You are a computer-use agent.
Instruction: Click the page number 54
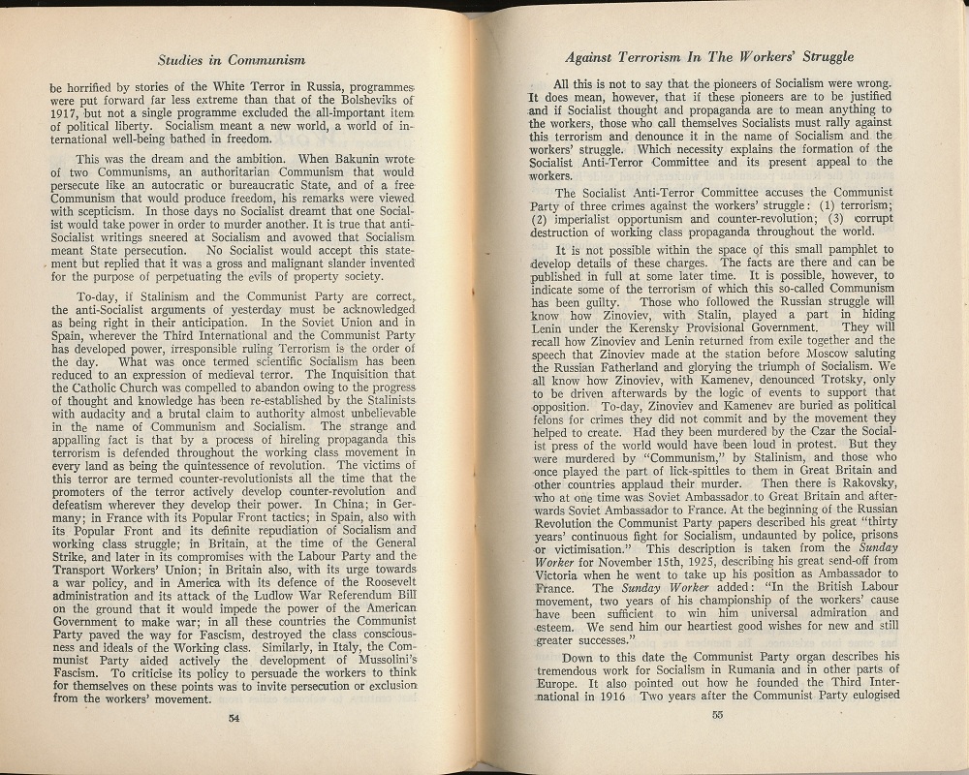pyautogui.click(x=233, y=718)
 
